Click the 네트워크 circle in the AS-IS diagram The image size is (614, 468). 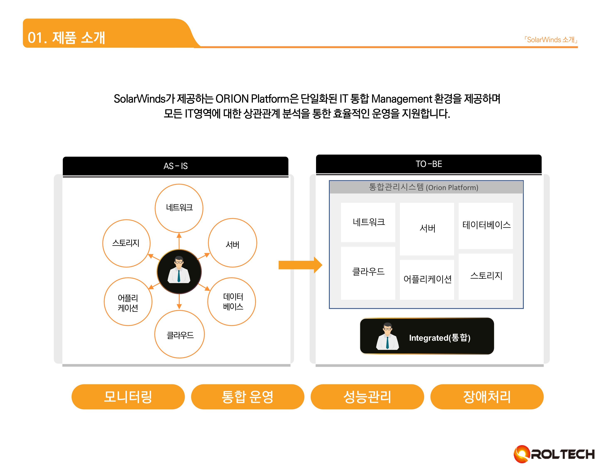pyautogui.click(x=179, y=208)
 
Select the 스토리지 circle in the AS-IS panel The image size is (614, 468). pyautogui.click(x=126, y=243)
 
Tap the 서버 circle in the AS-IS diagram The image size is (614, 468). pyautogui.click(x=232, y=243)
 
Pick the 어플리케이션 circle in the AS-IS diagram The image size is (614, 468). pyautogui.click(x=128, y=302)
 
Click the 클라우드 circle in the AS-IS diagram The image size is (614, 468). pyautogui.click(x=180, y=334)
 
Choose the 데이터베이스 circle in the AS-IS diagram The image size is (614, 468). pyautogui.click(x=232, y=302)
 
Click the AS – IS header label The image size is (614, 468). pyautogui.click(x=175, y=166)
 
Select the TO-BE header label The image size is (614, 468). pyautogui.click(x=429, y=164)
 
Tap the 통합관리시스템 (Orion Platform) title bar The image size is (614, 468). pyautogui.click(x=426, y=187)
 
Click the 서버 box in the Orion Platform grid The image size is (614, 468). pyautogui.click(x=427, y=229)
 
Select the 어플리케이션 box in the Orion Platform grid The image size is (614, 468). pyautogui.click(x=427, y=279)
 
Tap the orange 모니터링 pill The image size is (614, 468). pyautogui.click(x=128, y=397)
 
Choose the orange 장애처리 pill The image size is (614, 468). pyautogui.click(x=487, y=397)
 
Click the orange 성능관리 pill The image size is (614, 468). pyautogui.click(x=367, y=397)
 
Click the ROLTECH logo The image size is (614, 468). pyautogui.click(x=554, y=454)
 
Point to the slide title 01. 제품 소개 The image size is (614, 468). pyautogui.click(x=66, y=38)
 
